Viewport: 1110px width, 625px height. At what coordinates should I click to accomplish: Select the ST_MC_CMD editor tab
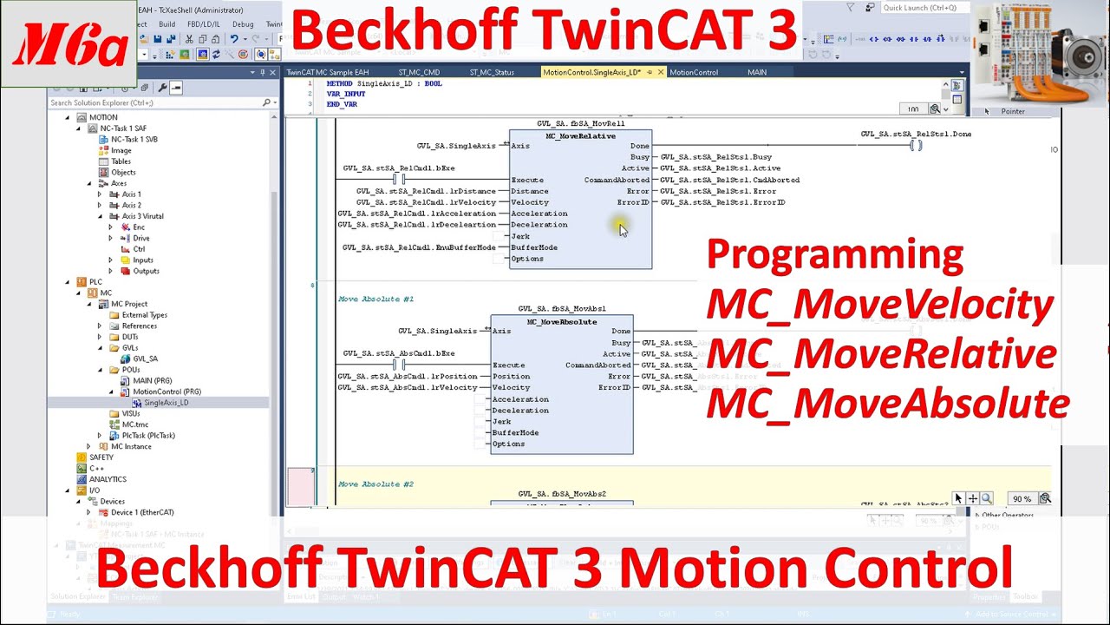coord(419,72)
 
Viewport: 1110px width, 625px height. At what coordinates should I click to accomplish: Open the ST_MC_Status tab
coord(492,72)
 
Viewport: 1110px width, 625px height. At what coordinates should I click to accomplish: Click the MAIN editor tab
coord(757,72)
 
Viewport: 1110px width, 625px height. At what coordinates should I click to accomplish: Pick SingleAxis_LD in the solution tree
coord(166,403)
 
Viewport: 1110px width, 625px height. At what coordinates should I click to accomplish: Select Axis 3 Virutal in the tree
coord(142,216)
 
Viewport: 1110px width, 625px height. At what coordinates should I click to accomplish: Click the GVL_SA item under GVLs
coord(145,359)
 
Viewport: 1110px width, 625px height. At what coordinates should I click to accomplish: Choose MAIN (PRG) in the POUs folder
coord(152,380)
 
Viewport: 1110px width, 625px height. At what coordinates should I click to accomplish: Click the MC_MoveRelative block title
coord(580,136)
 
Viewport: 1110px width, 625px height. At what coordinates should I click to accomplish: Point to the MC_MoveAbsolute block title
coord(562,322)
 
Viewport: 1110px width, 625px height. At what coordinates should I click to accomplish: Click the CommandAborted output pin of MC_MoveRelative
coord(617,180)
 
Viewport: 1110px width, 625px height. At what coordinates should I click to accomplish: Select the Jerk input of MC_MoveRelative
coord(520,236)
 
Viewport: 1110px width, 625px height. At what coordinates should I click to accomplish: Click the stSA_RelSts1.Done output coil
coord(915,146)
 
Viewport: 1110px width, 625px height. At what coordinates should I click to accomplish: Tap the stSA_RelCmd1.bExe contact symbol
coord(399,180)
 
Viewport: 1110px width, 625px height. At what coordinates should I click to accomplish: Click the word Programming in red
coord(834,255)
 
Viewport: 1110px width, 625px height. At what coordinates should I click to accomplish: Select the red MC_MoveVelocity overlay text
coord(879,306)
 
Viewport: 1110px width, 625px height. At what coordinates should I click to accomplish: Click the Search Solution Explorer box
coord(156,102)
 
